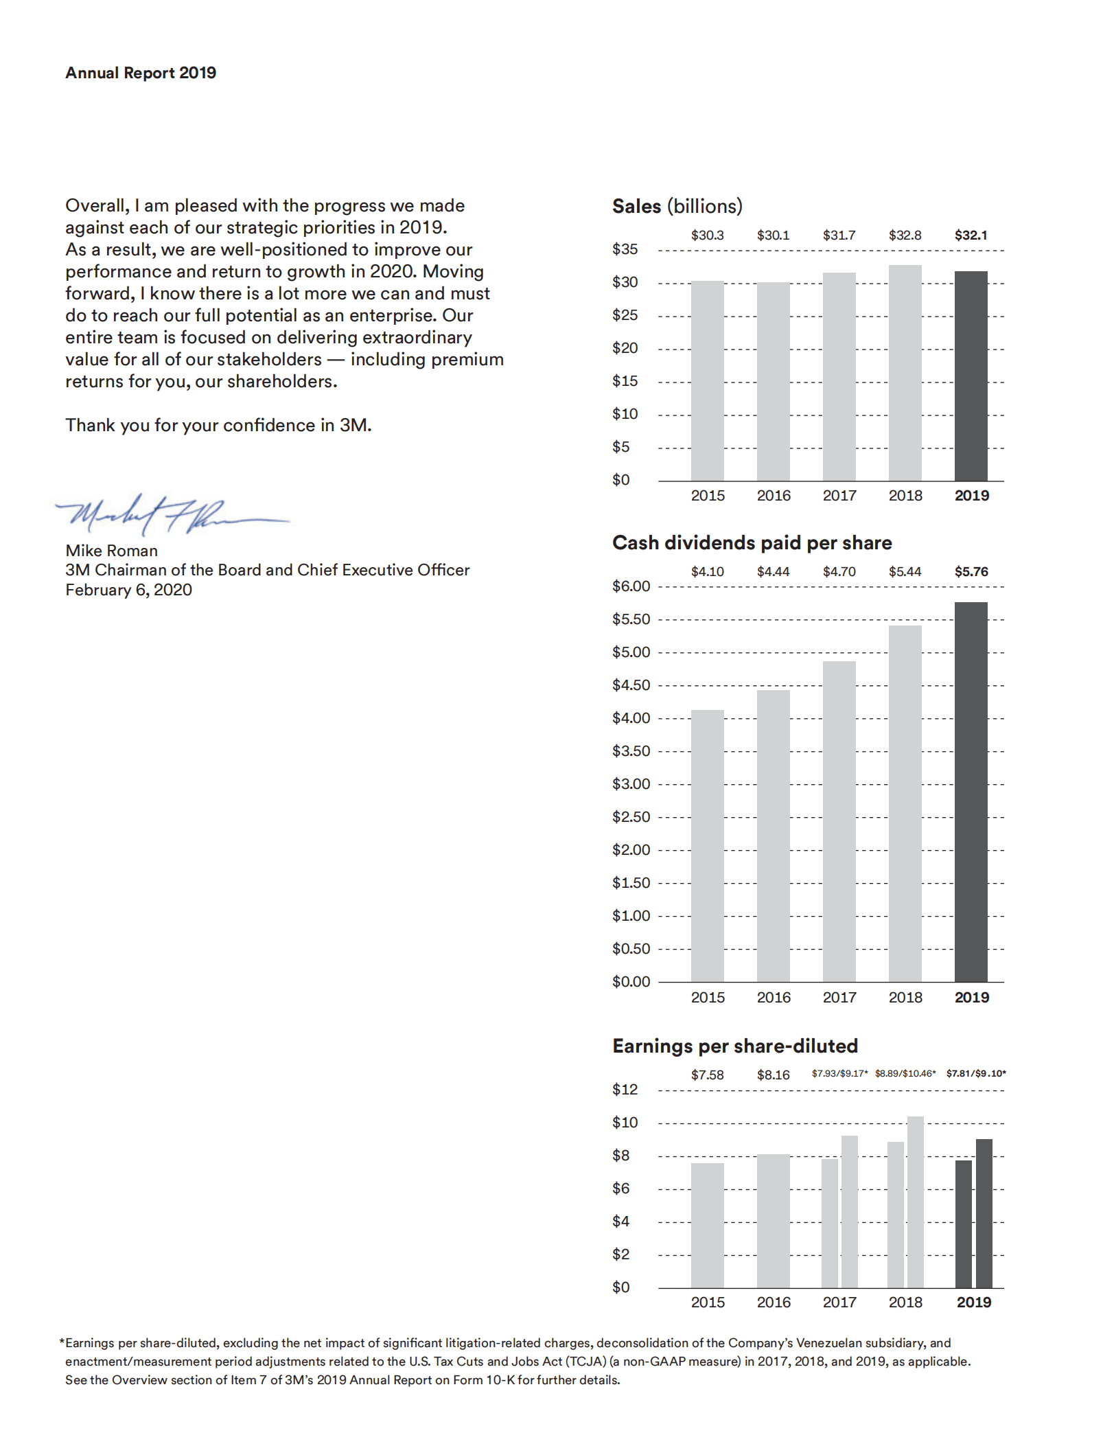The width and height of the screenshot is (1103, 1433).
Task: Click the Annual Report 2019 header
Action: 141,73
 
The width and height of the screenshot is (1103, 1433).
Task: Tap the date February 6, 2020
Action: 128,590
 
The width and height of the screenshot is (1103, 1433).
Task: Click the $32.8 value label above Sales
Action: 905,236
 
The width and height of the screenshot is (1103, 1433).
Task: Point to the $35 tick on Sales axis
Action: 625,249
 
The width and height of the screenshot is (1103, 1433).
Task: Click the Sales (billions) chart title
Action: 677,206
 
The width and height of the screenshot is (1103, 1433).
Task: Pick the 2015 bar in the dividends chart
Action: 707,845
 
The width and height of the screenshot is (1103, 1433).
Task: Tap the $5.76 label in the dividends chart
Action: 971,572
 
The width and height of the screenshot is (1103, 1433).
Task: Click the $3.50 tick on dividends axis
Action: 631,751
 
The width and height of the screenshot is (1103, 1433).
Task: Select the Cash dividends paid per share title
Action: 752,543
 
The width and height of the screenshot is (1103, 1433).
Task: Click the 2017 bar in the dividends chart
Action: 839,821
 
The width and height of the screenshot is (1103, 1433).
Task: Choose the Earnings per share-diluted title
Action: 734,1046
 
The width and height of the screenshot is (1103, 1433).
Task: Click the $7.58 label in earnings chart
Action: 707,1075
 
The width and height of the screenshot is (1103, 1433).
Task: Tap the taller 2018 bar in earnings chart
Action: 915,1202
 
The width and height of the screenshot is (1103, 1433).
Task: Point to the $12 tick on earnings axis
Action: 625,1090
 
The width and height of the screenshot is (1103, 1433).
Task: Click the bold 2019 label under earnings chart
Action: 973,1303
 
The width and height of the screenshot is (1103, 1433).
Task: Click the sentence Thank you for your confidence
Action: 218,426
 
